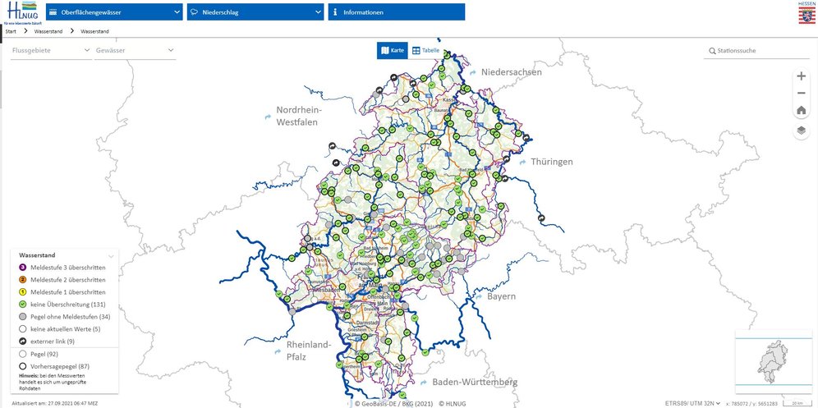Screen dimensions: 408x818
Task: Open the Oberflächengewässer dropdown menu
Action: click(114, 12)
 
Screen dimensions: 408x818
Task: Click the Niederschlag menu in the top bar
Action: click(255, 12)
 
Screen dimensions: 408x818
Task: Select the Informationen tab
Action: click(396, 12)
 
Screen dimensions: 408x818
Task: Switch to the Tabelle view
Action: click(426, 51)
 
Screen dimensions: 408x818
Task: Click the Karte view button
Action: click(393, 51)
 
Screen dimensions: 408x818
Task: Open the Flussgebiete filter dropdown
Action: click(50, 51)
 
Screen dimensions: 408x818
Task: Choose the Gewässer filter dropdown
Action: click(135, 51)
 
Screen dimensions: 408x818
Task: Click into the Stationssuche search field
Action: click(760, 51)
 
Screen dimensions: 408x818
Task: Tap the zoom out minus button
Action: click(802, 93)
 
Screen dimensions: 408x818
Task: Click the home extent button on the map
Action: click(802, 111)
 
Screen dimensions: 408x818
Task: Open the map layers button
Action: click(802, 131)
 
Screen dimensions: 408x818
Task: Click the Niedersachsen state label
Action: click(512, 72)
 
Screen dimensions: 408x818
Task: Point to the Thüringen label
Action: click(551, 162)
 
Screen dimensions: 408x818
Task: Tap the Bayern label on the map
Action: click(500, 296)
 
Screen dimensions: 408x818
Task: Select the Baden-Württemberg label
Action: click(475, 383)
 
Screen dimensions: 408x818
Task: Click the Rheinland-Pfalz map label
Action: click(308, 350)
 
